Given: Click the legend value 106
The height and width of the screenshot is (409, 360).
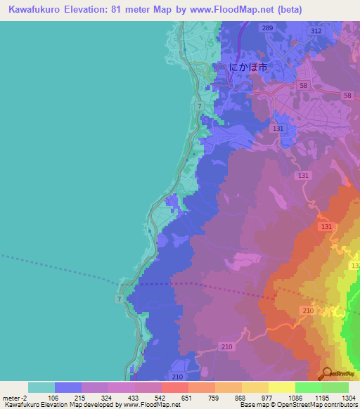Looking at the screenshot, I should click(52, 398).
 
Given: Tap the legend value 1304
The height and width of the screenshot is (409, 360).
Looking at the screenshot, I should click(349, 398).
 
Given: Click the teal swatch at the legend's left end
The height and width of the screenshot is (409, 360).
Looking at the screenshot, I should click(41, 387).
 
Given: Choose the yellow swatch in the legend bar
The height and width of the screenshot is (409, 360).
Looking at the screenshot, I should click(282, 387).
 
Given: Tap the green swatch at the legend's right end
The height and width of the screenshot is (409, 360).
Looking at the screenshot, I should click(335, 387).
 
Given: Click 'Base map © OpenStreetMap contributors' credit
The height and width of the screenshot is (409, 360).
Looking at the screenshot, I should click(297, 405).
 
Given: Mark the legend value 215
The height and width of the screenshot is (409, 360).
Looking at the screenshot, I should click(79, 398).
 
